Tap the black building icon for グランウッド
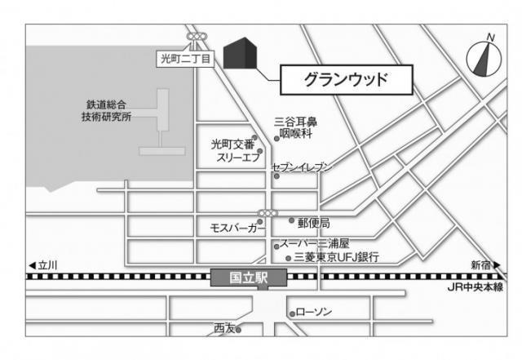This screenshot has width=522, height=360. tap(241, 54)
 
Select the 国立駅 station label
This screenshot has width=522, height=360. tap(249, 278)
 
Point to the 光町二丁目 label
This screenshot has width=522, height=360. tap(184, 59)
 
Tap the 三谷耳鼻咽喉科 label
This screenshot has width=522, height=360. tap(295, 127)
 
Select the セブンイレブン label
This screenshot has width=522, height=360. tap(303, 167)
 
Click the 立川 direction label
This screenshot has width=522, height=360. tap(46, 265)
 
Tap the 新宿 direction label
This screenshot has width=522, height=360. tap(482, 265)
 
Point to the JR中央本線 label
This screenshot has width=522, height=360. tap(475, 287)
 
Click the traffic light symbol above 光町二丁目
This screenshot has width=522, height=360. tap(197, 38)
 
